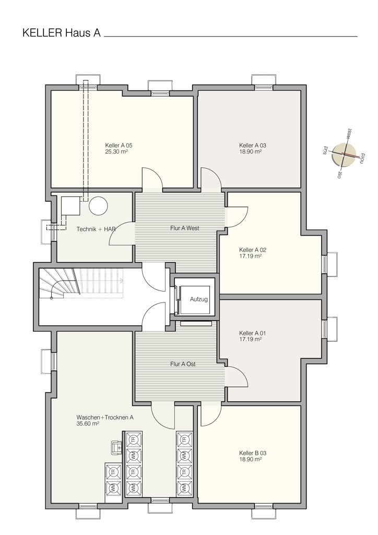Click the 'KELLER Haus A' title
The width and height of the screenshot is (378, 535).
[x=62, y=33]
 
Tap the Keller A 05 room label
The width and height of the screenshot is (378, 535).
[x=119, y=145]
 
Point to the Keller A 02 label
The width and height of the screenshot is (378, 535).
[x=253, y=250]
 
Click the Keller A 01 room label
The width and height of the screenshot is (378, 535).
[x=253, y=333]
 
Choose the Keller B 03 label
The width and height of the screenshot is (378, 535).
[x=253, y=453]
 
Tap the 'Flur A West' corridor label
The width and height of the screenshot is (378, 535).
[x=185, y=228]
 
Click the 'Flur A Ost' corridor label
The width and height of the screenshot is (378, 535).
[x=183, y=364]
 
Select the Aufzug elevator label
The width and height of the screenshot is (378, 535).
[x=199, y=299]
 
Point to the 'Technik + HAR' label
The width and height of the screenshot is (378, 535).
[x=96, y=229]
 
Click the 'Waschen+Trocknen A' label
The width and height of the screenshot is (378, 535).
[x=105, y=417]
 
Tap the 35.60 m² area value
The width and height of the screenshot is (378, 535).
[x=88, y=424]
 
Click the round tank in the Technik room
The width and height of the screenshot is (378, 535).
[x=99, y=206]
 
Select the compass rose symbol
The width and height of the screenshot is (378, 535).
[x=344, y=154]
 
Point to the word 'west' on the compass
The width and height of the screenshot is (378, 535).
[x=349, y=133]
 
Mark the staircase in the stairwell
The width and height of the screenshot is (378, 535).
[x=80, y=283]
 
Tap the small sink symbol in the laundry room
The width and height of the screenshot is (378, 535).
[x=116, y=447]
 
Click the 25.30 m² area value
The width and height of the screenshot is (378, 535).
[x=116, y=152]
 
